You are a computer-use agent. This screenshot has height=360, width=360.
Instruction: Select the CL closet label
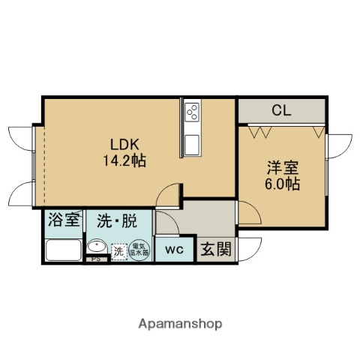[281, 111]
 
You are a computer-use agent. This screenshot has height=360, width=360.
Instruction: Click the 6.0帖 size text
[282, 183]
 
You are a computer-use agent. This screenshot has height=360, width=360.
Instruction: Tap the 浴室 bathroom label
[64, 221]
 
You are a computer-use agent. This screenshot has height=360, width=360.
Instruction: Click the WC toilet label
[175, 249]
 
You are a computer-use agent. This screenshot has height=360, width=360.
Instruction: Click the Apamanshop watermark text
[179, 324]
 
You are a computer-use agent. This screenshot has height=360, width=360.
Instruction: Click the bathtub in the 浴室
[64, 250]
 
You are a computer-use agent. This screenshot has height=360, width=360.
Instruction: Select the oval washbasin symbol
[97, 249]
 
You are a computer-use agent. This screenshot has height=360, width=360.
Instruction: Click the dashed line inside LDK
[43, 160]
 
